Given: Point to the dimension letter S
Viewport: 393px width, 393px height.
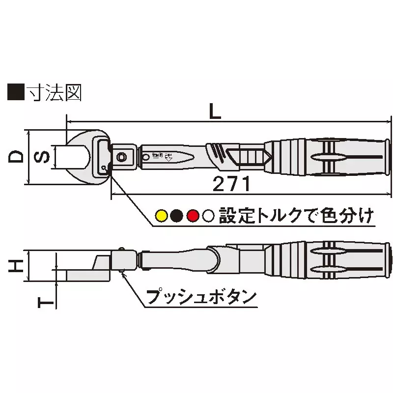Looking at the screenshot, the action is pyautogui.click(x=43, y=157).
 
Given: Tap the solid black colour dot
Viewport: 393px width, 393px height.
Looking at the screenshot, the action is pyautogui.click(x=177, y=215).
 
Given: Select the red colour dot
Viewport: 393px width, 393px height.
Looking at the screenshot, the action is pyautogui.click(x=193, y=215).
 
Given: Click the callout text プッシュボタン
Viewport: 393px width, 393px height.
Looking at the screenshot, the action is pyautogui.click(x=201, y=297).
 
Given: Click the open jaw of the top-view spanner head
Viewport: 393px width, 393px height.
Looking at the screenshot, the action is pyautogui.click(x=74, y=157).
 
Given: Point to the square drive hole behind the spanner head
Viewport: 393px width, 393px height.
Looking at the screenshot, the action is pyautogui.click(x=121, y=157).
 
